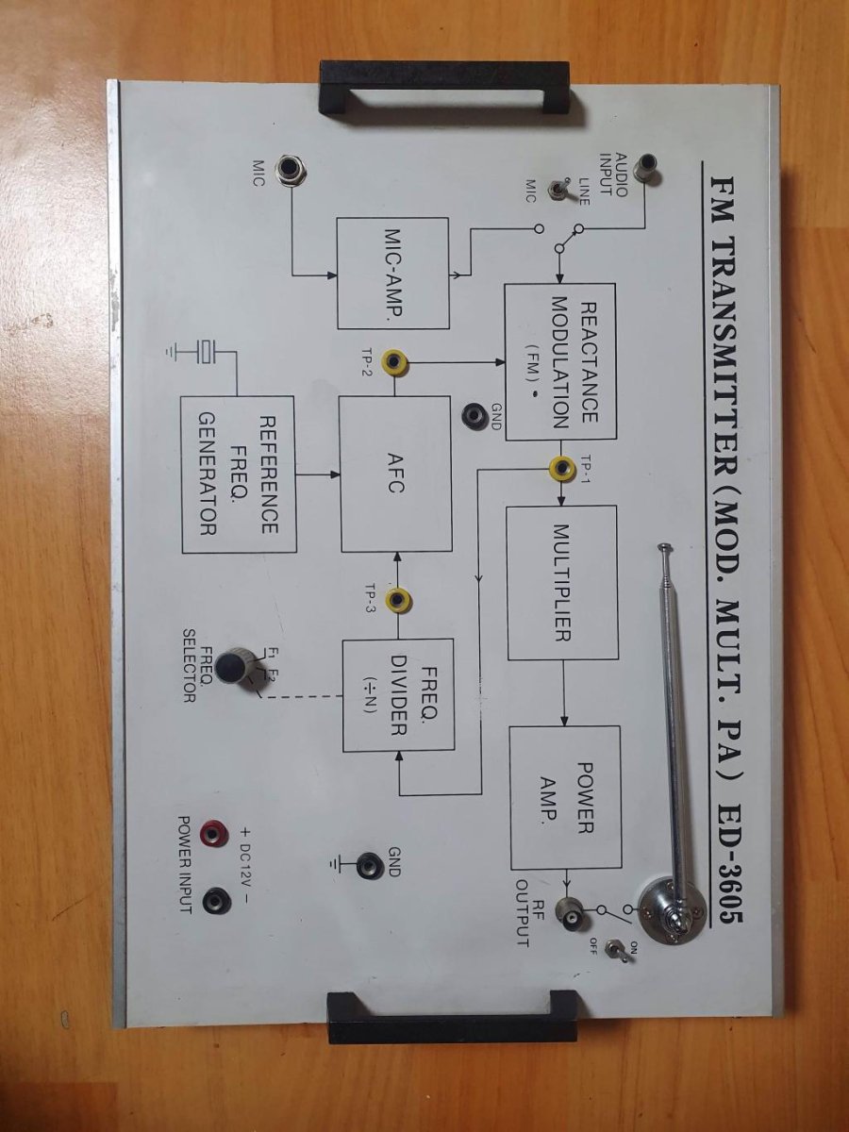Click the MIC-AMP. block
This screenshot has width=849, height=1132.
[392, 273]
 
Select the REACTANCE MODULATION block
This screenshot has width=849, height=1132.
[559, 360]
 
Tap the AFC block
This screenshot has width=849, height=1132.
[395, 474]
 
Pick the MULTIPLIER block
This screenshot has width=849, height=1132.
[562, 582]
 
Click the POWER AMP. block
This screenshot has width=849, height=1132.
[565, 797]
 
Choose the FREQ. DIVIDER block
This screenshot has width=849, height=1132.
[397, 695]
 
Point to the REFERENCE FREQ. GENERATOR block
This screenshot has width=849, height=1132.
[238, 474]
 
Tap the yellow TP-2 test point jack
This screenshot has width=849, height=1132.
[393, 361]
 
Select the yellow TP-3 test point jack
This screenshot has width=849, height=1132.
[398, 598]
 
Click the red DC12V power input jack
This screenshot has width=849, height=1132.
[218, 832]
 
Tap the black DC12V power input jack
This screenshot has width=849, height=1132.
[217, 901]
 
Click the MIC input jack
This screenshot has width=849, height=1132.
[289, 170]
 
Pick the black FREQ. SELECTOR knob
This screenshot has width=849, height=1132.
[231, 666]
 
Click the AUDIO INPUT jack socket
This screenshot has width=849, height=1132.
[646, 169]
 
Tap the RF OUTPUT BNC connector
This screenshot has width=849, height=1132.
[572, 910]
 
